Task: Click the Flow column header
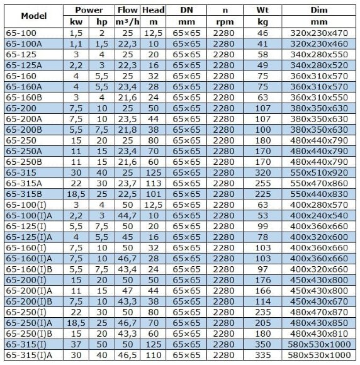click(x=127, y=10)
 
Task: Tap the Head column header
click(x=153, y=10)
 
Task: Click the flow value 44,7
click(x=127, y=215)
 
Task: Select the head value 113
click(x=153, y=182)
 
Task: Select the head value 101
click(x=153, y=193)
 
